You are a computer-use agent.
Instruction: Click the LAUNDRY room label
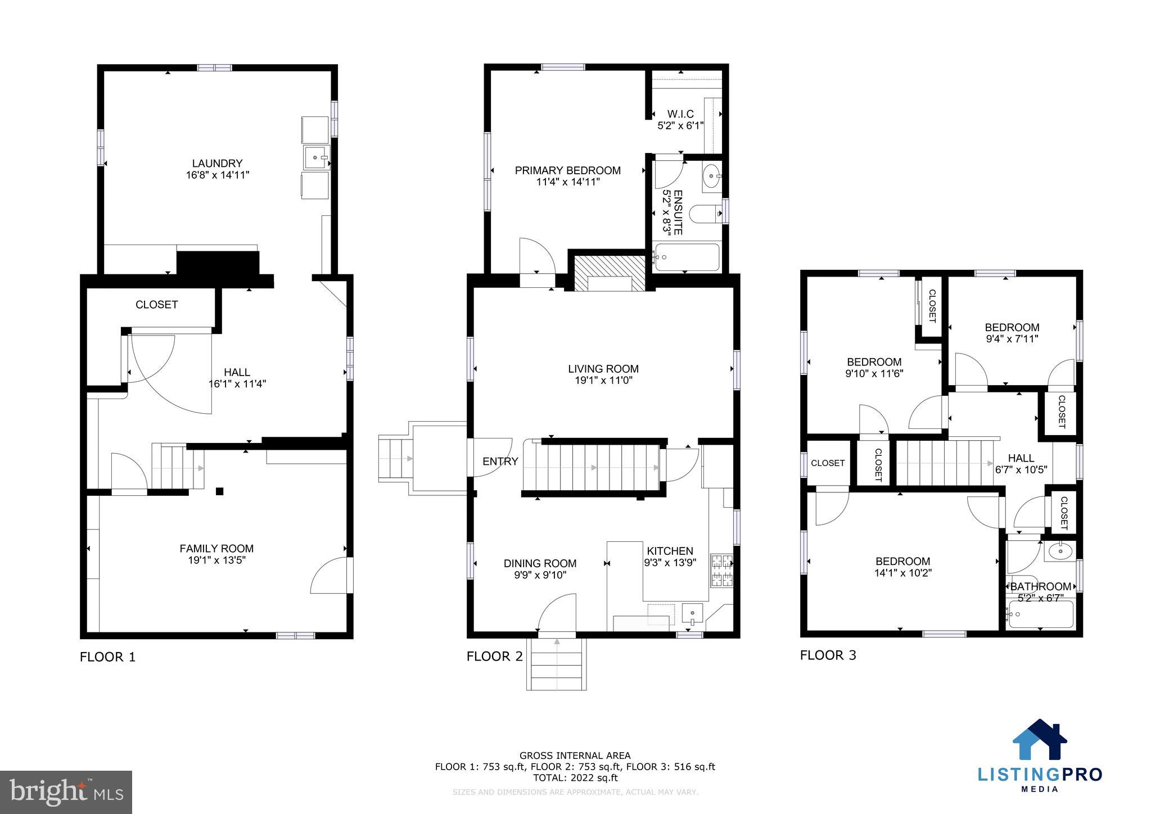click(217, 164)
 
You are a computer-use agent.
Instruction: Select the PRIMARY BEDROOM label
click(567, 170)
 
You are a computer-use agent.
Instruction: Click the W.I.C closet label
click(680, 114)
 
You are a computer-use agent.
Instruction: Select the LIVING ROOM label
click(603, 369)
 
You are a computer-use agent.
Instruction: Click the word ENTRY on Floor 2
click(500, 462)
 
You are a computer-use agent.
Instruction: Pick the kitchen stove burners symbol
click(722, 570)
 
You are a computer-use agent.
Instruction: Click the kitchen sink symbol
click(692, 613)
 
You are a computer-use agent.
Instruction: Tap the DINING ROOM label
click(540, 563)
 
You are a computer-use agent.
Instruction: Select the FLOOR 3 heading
click(828, 655)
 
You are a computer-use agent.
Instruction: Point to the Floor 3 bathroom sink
click(1060, 551)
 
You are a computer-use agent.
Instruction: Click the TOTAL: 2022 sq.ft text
click(575, 778)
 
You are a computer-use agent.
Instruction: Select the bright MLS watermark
click(66, 792)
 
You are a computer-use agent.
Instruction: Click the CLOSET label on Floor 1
click(156, 305)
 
